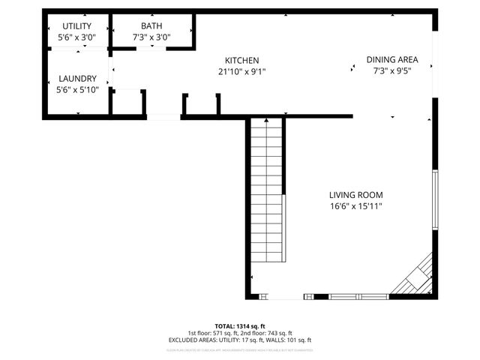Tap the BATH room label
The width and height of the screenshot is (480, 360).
click(x=151, y=26)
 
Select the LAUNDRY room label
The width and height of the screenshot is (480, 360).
click(x=77, y=79)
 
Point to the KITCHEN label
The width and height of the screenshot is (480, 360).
click(x=242, y=61)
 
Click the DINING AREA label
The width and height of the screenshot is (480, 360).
click(x=391, y=60)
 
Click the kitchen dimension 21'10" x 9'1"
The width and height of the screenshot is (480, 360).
click(x=242, y=72)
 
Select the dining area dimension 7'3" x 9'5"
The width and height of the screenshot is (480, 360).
click(x=391, y=71)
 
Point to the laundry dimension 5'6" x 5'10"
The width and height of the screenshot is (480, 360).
click(x=77, y=90)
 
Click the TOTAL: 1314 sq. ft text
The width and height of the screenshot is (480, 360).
click(x=240, y=326)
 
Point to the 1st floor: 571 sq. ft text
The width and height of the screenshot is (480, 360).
click(x=213, y=333)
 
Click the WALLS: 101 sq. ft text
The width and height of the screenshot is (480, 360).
click(x=289, y=340)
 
